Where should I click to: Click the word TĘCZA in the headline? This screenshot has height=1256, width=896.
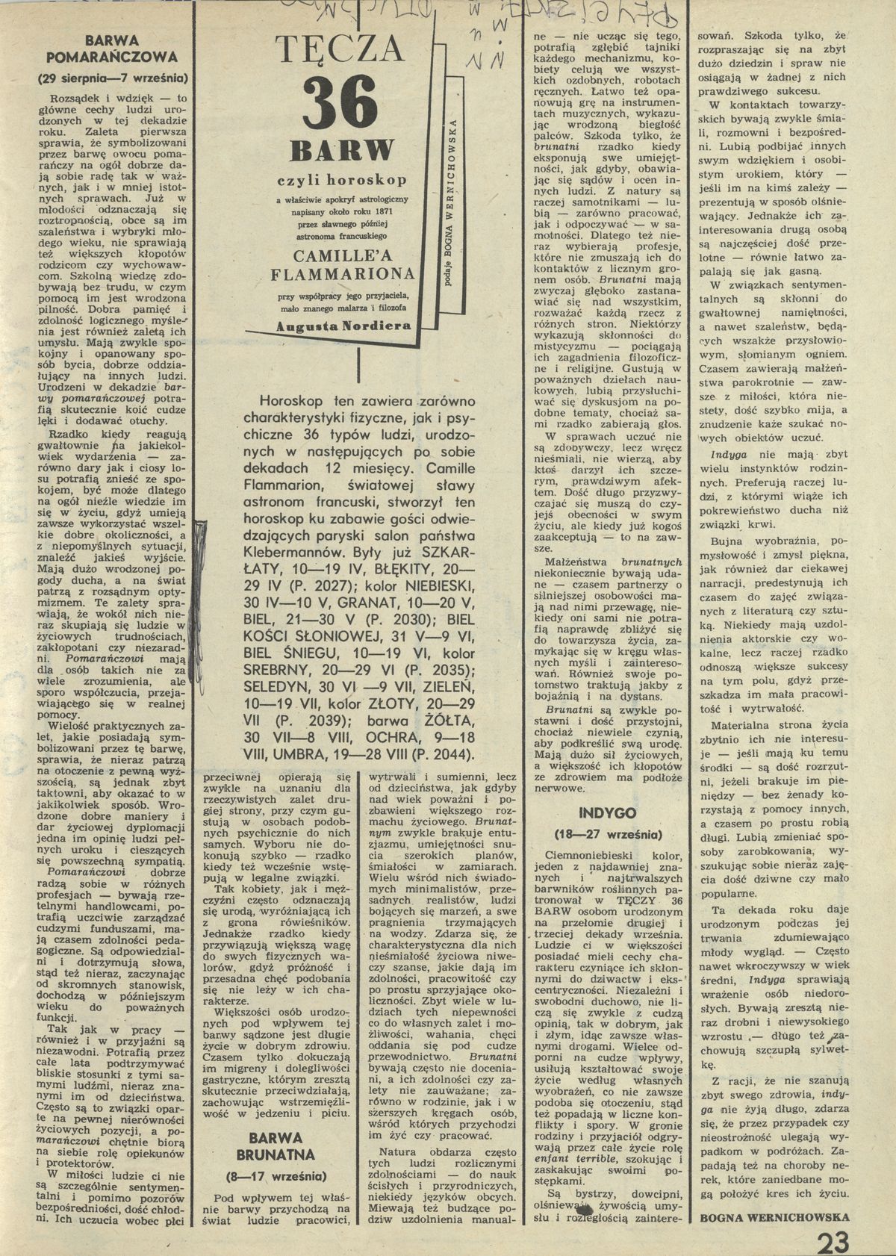[340, 51]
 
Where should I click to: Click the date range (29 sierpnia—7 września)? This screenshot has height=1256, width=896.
[112, 79]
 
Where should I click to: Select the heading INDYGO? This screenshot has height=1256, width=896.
[607, 812]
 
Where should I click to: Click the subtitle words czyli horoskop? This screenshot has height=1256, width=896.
[343, 180]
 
